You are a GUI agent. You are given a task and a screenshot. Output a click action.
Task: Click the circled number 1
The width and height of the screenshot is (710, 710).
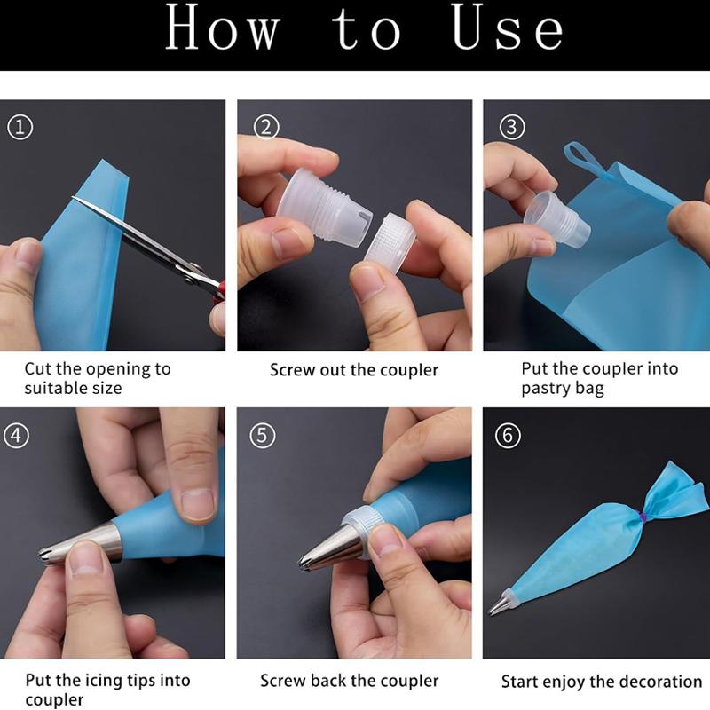pyautogui.click(x=20, y=127)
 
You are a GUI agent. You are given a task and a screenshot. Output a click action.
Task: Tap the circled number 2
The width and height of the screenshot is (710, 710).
pyautogui.click(x=266, y=127)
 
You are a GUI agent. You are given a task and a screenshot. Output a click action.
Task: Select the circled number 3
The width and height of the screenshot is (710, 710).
pyautogui.click(x=512, y=127)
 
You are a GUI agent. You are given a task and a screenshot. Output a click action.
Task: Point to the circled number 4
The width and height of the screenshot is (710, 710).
pyautogui.click(x=16, y=435)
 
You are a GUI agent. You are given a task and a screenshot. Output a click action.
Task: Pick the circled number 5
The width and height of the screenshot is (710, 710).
pyautogui.click(x=263, y=435)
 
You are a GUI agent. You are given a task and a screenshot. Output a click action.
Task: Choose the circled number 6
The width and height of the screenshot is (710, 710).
pyautogui.click(x=508, y=435)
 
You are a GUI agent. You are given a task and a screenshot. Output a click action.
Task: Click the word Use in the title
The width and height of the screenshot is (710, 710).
pyautogui.click(x=507, y=28)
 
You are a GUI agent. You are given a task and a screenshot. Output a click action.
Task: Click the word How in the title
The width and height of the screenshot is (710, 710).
pyautogui.click(x=223, y=28)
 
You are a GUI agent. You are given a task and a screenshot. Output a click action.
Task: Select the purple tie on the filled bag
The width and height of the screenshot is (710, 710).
pyautogui.click(x=641, y=516)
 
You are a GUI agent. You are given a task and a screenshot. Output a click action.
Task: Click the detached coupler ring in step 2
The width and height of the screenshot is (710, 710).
pyautogui.click(x=390, y=242)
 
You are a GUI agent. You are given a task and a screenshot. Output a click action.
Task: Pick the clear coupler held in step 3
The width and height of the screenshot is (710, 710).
pyautogui.click(x=556, y=219)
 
